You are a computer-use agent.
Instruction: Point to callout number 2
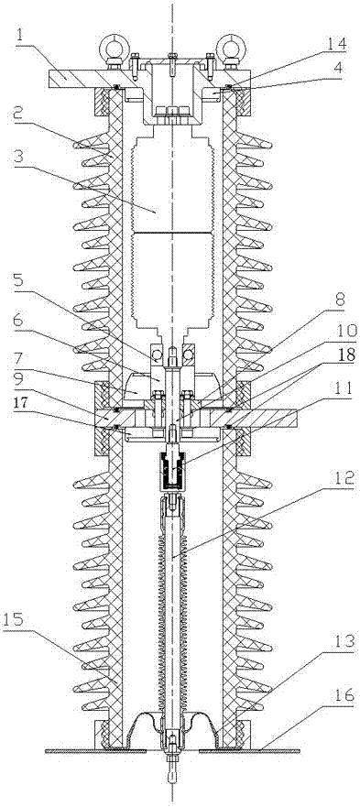tap(20, 115)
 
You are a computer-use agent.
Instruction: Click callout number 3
tap(20, 157)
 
